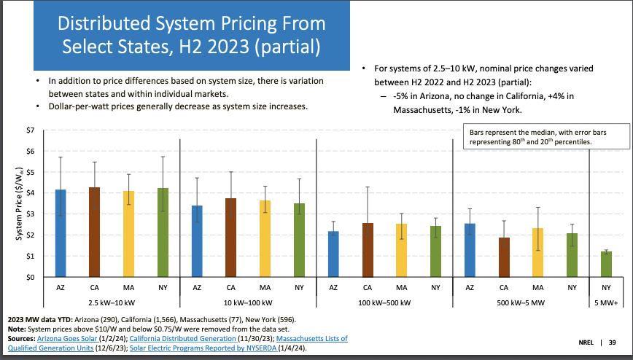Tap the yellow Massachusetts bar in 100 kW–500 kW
(401, 250)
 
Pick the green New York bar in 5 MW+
(606, 264)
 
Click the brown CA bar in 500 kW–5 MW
(504, 257)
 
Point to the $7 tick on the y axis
(30, 130)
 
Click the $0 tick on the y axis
(30, 278)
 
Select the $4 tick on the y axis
(30, 194)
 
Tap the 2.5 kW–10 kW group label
(112, 302)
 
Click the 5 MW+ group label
(606, 302)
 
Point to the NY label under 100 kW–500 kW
(435, 288)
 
